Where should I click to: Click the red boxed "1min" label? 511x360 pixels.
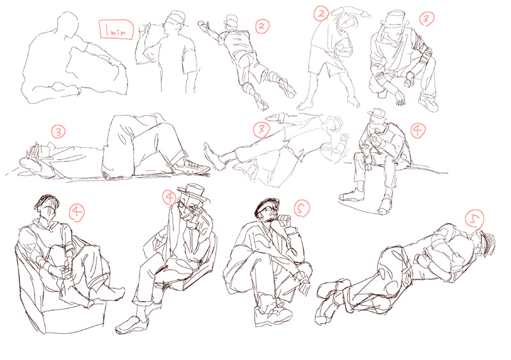116,30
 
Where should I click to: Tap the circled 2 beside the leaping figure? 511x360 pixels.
262,26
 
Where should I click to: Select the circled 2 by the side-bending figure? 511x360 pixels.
321,13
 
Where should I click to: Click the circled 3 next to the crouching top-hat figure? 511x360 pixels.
427,19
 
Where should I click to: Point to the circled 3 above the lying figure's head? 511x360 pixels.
58,132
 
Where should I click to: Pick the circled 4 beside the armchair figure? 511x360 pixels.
77,212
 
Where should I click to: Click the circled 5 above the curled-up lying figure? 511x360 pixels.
475,219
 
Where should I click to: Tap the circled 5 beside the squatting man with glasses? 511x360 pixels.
302,208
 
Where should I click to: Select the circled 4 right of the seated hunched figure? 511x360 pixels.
418,130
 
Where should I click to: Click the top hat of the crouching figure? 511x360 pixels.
395,19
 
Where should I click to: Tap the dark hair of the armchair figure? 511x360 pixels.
46,201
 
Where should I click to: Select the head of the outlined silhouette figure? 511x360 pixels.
68,24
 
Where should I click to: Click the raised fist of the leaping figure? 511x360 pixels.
203,24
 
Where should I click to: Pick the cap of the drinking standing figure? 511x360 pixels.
177,16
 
